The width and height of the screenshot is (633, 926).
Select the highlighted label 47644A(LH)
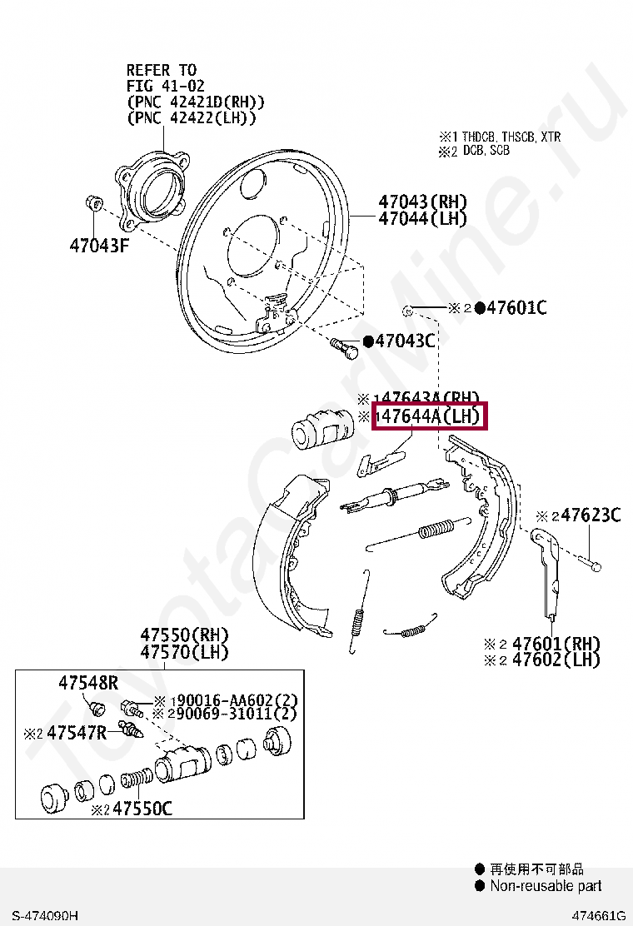click(x=430, y=416)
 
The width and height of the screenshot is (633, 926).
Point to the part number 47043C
click(x=406, y=341)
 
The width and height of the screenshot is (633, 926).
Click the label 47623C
click(x=591, y=515)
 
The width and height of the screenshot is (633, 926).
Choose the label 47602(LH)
click(x=556, y=660)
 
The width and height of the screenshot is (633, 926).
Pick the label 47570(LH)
click(x=184, y=652)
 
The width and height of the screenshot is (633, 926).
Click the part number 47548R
click(x=88, y=683)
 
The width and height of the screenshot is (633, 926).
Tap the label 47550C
click(x=143, y=808)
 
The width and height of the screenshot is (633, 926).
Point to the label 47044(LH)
click(x=422, y=218)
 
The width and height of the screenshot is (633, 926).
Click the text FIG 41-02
click(x=166, y=86)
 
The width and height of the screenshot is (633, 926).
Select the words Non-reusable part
click(x=546, y=886)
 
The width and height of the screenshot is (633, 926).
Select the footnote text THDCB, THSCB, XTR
click(x=512, y=137)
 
